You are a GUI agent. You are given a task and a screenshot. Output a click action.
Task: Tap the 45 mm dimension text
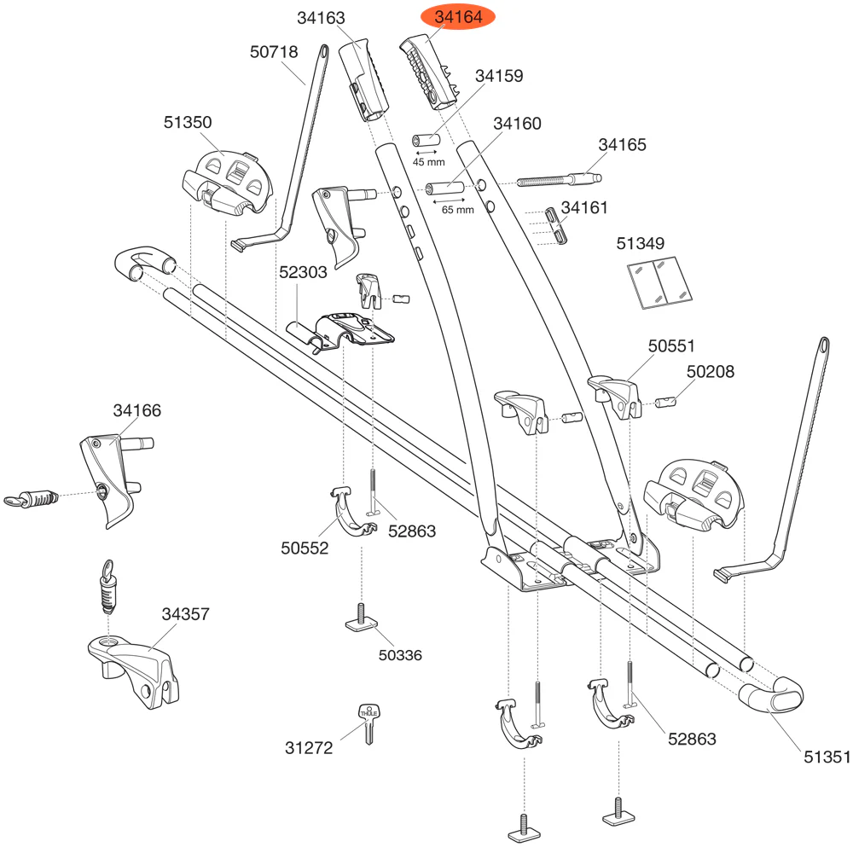coord(424,161)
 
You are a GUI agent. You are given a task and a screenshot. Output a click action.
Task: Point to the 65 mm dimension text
coord(457,209)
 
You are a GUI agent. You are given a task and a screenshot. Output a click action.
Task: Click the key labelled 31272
coord(368,723)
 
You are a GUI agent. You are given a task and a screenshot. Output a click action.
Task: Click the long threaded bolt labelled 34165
coord(559,179)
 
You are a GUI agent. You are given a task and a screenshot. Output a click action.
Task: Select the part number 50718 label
coord(274,52)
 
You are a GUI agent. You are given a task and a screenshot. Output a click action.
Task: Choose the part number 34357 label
coord(185,613)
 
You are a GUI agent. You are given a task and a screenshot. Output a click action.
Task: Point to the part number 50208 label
coord(711,371)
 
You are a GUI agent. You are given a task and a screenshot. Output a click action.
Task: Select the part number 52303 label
coord(304,274)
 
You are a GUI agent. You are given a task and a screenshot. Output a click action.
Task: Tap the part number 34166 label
coord(136,410)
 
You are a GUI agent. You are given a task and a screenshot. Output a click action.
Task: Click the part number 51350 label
coord(188,122)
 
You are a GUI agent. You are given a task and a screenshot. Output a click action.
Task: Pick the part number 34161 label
coord(583,207)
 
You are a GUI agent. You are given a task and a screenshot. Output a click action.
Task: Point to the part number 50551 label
coord(671,346)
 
